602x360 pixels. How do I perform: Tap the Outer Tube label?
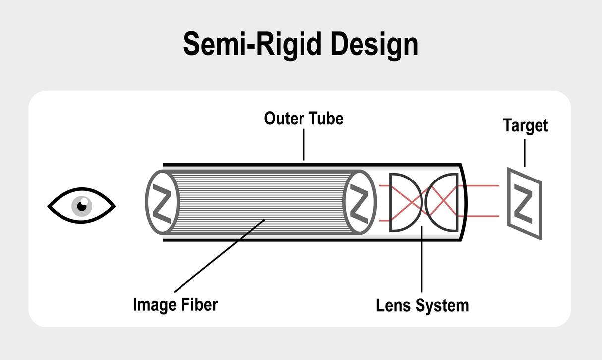click(x=303, y=119)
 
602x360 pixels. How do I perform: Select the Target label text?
click(x=526, y=125)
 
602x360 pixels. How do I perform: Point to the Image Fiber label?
click(x=175, y=304)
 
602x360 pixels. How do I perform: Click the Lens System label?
click(x=422, y=304)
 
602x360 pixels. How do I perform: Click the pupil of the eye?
click(x=82, y=204)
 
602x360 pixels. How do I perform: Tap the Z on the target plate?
click(x=524, y=203)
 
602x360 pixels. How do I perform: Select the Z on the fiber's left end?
click(x=161, y=202)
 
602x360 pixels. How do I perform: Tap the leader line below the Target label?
click(x=525, y=151)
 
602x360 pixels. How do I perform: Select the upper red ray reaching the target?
click(x=483, y=185)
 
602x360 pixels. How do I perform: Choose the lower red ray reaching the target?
click(x=483, y=216)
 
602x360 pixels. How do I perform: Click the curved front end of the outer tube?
click(x=465, y=202)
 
